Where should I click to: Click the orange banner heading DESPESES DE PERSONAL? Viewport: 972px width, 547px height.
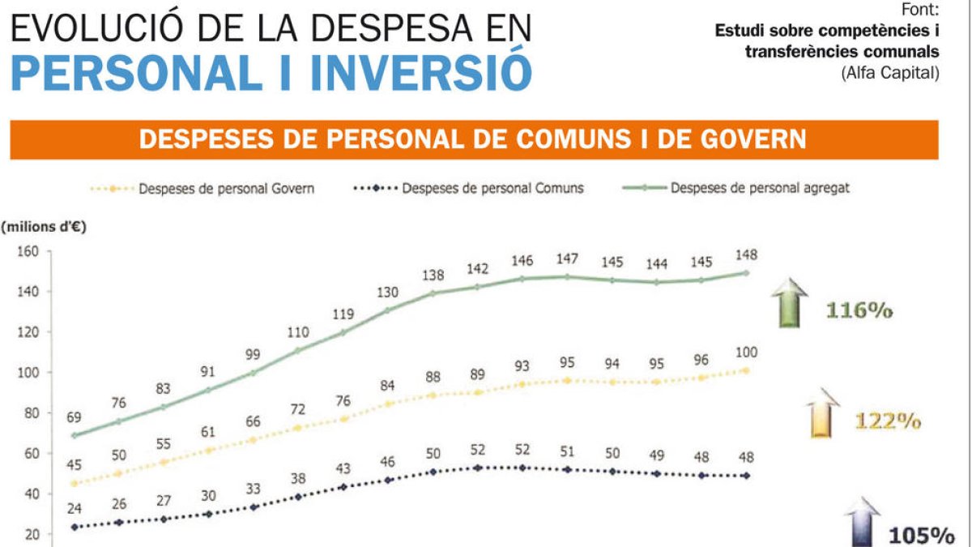pos(473,139)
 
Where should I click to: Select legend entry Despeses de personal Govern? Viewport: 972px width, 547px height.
pos(226,188)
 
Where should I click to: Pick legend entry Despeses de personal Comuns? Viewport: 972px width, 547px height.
pos(492,188)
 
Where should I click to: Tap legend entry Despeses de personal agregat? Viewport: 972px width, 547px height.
pos(759,188)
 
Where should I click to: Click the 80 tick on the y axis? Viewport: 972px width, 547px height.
pos(32,413)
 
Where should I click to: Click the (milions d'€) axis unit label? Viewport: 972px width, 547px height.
pos(45,227)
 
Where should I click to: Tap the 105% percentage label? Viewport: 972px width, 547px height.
pos(922,535)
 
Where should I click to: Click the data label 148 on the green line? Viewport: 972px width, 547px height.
pos(746,254)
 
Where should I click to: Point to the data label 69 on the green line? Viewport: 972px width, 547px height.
pos(75,417)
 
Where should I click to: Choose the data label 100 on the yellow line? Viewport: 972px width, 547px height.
pos(746,351)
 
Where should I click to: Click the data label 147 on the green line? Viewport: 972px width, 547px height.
pos(566,259)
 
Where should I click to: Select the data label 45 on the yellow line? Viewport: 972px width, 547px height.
pos(75,464)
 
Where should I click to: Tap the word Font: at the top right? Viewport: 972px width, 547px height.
pos(921,11)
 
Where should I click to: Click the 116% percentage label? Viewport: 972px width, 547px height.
pos(859,310)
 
